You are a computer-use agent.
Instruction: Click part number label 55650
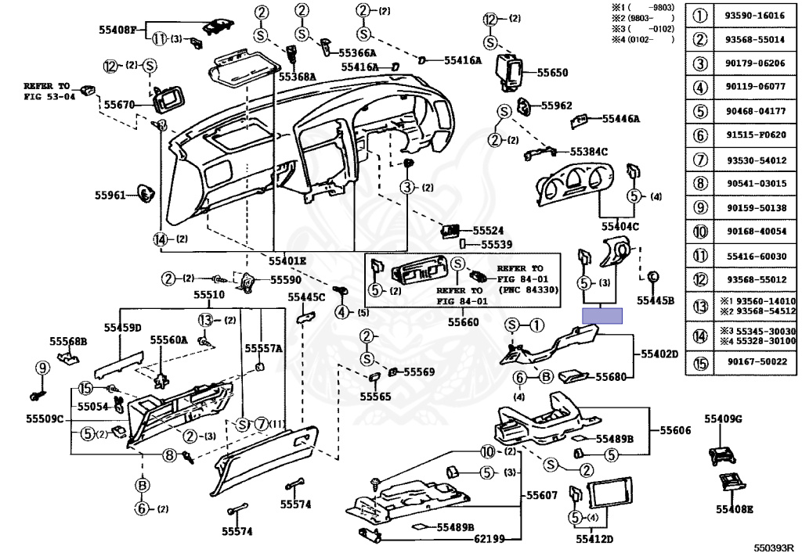click(552, 73)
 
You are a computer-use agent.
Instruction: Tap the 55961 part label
click(110, 195)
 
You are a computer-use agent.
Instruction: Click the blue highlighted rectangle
click(602, 315)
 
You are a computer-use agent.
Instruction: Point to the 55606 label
click(674, 430)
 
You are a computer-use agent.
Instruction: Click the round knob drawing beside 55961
click(144, 192)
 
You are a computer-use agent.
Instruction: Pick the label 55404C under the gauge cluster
click(620, 226)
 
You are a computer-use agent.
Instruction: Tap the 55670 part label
click(120, 104)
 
